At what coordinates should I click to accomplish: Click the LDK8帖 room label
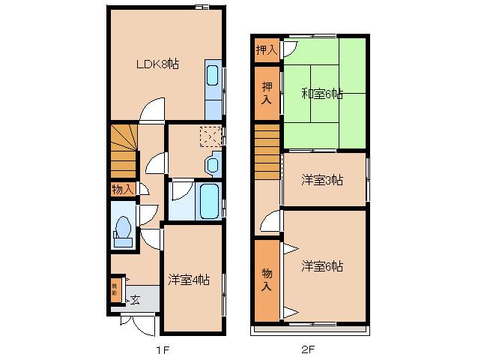pos(157,64)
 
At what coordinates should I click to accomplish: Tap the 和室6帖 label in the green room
pos(322,94)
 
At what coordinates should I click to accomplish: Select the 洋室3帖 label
pos(322,180)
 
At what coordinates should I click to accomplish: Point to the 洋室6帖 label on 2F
pos(322,266)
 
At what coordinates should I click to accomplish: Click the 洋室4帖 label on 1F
pos(189,280)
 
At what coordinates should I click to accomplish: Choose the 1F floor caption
pos(164,349)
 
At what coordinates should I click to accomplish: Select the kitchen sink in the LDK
pos(213,77)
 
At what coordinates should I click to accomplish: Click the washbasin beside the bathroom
pos(212,163)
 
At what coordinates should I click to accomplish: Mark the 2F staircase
pos(266,150)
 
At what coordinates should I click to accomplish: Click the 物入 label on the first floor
pos(121,189)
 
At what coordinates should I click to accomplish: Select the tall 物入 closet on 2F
pos(267,279)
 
